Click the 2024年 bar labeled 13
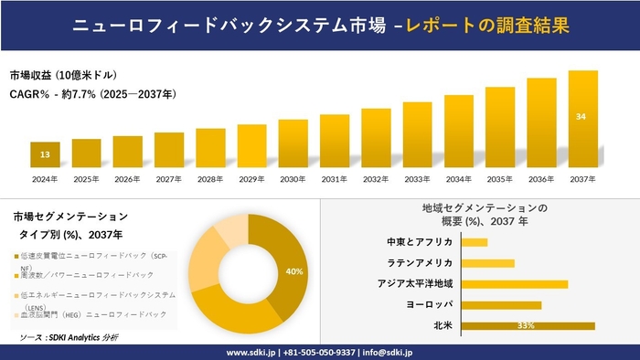tap(45, 154)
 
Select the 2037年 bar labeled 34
tap(582, 119)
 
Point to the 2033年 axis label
tap(417, 179)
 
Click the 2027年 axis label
tap(169, 179)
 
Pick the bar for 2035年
tap(500, 127)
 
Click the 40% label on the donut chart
tap(293, 271)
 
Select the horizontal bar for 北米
tap(528, 325)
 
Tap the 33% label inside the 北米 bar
tap(526, 325)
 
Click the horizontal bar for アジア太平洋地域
tap(515, 284)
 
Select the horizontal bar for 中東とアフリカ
tap(475, 242)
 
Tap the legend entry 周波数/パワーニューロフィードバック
tap(87, 274)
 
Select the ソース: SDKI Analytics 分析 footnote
tap(69, 337)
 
